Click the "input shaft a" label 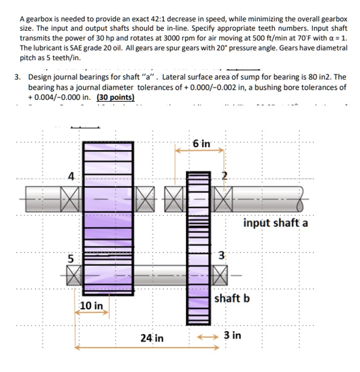[x=275, y=223]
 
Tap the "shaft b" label [x=232, y=298]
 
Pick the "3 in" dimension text [x=233, y=335]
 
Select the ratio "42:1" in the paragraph [x=142, y=19]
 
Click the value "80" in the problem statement [x=299, y=77]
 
